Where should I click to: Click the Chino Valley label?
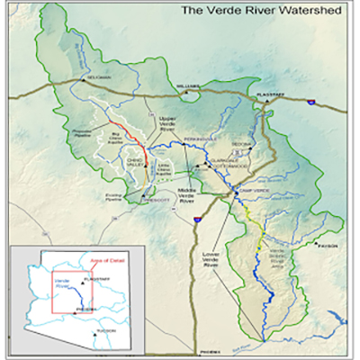[107, 163]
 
